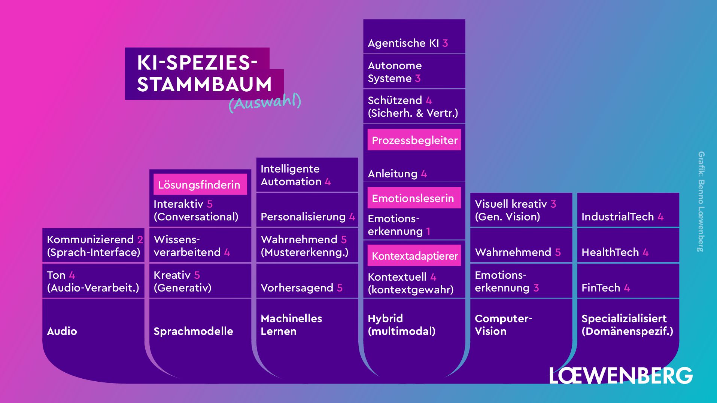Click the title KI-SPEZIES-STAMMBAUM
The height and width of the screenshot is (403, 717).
pyautogui.click(x=204, y=73)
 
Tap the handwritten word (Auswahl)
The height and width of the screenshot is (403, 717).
pyautogui.click(x=265, y=102)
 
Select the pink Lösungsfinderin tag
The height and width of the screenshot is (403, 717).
pyautogui.click(x=200, y=184)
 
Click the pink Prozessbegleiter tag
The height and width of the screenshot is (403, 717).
pyautogui.click(x=414, y=140)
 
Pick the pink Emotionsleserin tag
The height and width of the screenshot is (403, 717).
pyautogui.click(x=413, y=198)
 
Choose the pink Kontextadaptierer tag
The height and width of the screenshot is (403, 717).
pyautogui.click(x=414, y=256)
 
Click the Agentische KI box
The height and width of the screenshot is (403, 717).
pyautogui.click(x=414, y=37)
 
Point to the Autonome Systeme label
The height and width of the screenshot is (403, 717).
pyautogui.click(x=395, y=72)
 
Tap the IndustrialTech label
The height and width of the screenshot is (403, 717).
pyautogui.click(x=617, y=217)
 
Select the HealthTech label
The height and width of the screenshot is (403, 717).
pyautogui.click(x=610, y=252)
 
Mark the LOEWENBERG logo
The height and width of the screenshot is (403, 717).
pyautogui.click(x=621, y=375)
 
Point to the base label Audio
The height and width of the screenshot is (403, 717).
pyautogui.click(x=62, y=331)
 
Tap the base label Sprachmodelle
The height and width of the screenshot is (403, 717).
pyautogui.click(x=193, y=331)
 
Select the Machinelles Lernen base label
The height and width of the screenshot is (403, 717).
pyautogui.click(x=291, y=325)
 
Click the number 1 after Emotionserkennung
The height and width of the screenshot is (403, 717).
pyautogui.click(x=428, y=232)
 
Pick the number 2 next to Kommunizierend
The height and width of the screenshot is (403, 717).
pyautogui.click(x=140, y=239)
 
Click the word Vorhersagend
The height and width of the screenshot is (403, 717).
pyautogui.click(x=297, y=288)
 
